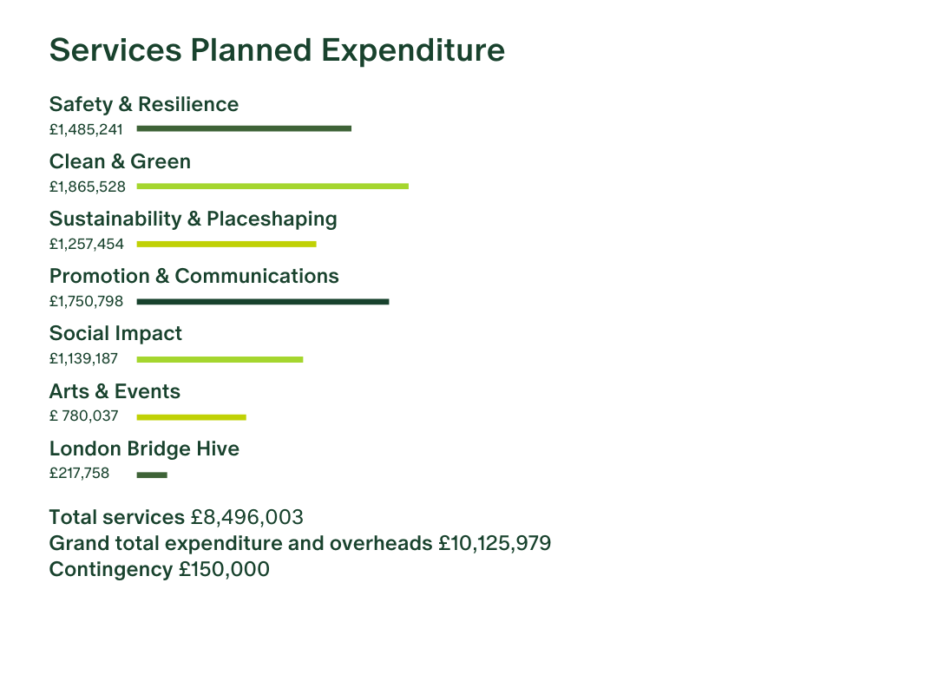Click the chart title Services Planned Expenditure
pos(277,50)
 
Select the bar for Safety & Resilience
pos(244,128)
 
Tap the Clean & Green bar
pos(272,186)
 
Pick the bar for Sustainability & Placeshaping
pos(226,244)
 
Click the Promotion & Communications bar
pos(263,302)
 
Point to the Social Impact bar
pos(220,359)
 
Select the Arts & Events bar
pos(191,417)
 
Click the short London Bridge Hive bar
pos(152,475)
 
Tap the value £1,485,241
pos(86,129)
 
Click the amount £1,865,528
pos(87,187)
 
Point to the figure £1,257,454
pos(86,245)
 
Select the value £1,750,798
pos(86,302)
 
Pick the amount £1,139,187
pos(83,359)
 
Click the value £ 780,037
pos(83,416)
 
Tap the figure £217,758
pos(79,474)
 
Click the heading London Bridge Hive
pos(144,449)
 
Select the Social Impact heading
pos(115,334)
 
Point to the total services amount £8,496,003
pos(247,518)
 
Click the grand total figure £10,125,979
pos(495,544)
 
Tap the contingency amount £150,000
pos(225,570)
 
